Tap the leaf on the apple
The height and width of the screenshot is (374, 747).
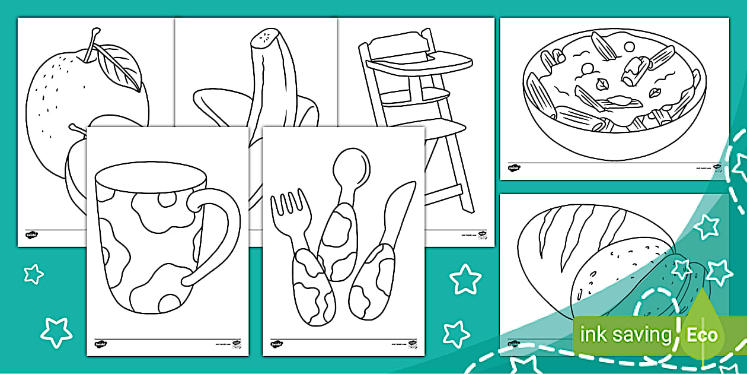[119, 66]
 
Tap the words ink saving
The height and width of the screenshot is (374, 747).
[625, 334]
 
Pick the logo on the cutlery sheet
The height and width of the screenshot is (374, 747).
[276, 344]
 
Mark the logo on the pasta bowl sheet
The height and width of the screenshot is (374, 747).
[513, 169]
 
